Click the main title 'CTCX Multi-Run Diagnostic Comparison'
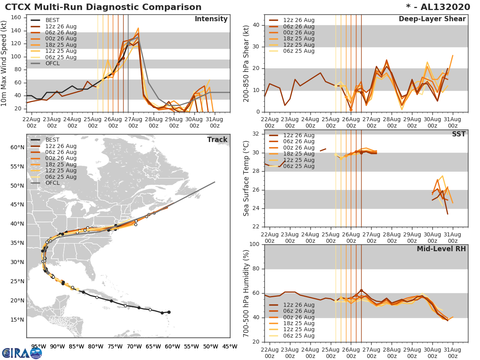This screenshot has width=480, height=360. pyautogui.click(x=103, y=7)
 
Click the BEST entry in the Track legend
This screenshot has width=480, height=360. pyautogui.click(x=52, y=140)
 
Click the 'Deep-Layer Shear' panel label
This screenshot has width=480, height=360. pyautogui.click(x=432, y=19)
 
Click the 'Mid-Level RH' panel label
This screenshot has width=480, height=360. pyautogui.click(x=441, y=249)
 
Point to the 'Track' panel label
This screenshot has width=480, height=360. pyautogui.click(x=217, y=140)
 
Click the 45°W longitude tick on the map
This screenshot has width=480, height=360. pyautogui.click(x=227, y=346)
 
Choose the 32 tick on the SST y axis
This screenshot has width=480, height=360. pyautogui.click(x=256, y=134)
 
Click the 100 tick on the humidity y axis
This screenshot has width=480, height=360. pyautogui.click(x=254, y=244)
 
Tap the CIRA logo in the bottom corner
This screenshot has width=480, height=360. pyautogui.click(x=22, y=353)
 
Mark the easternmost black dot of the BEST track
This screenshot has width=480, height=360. pyautogui.click(x=169, y=312)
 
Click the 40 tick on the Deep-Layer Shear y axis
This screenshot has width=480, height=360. pyautogui.click(x=256, y=25)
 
